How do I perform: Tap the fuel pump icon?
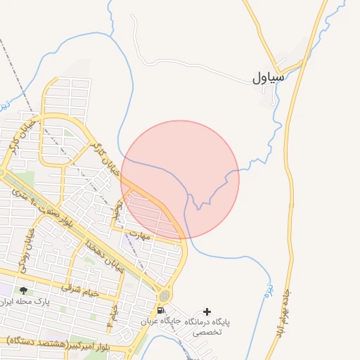pyautogui.click(x=162, y=311)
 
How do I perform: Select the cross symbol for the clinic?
pyautogui.click(x=207, y=311)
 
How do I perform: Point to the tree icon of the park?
pyautogui.click(x=24, y=290)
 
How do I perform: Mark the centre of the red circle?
pyautogui.click(x=180, y=180)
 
